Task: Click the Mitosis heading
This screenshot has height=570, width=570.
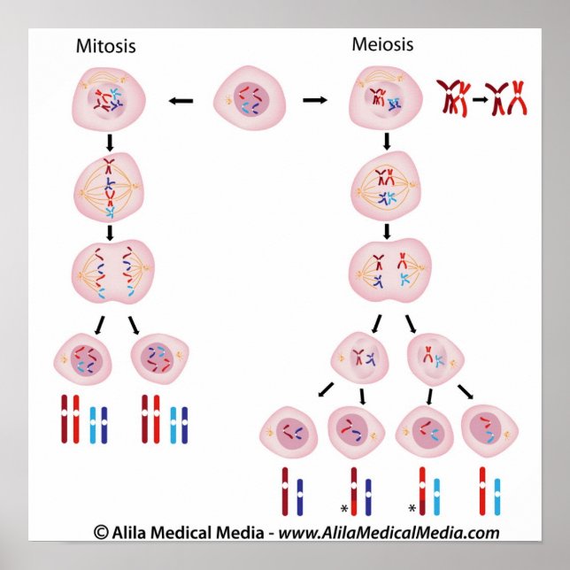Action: (106, 46)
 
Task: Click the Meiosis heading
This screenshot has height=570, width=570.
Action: (382, 43)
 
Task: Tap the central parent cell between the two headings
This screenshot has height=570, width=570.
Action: (250, 100)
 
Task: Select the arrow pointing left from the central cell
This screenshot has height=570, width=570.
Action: (181, 101)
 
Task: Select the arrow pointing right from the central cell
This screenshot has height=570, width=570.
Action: (314, 101)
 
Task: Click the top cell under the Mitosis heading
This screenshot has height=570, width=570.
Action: (105, 100)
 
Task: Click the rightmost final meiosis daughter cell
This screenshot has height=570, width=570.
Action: (489, 432)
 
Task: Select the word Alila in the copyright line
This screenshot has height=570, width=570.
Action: (131, 532)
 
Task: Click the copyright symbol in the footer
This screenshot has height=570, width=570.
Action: (101, 532)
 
